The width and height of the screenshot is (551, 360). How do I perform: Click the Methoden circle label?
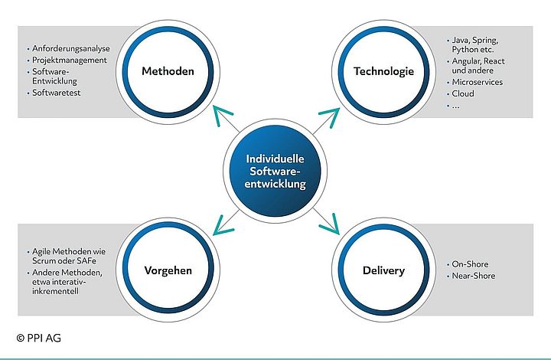click(x=168, y=72)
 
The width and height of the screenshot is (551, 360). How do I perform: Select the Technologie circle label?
click(x=383, y=72)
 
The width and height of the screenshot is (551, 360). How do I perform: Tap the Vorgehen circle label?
click(x=168, y=270)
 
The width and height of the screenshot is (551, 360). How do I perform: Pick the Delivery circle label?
click(x=383, y=270)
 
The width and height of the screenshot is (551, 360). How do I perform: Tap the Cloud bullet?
click(x=463, y=93)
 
